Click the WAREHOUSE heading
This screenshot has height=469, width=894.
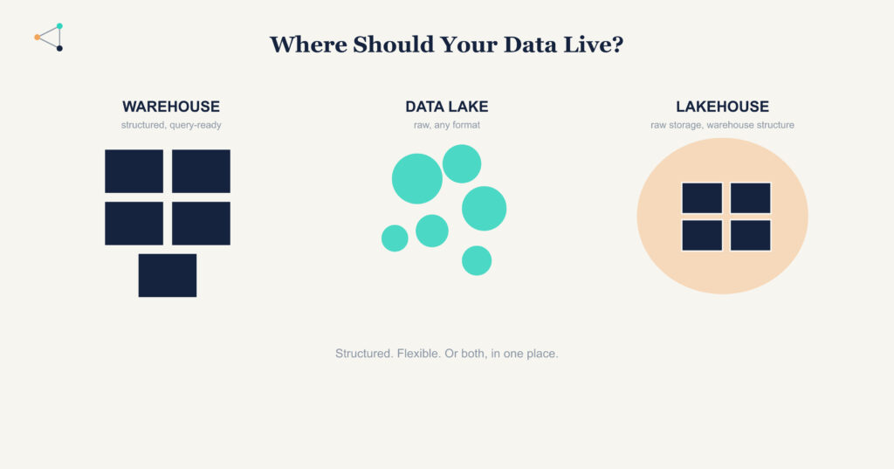click(x=171, y=107)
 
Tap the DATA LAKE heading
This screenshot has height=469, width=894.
click(x=447, y=107)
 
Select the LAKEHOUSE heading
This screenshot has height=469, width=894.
click(x=722, y=107)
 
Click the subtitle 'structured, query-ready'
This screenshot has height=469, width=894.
click(x=171, y=125)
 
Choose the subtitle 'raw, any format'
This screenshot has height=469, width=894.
click(x=447, y=125)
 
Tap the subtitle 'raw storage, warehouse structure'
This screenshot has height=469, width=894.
click(x=722, y=125)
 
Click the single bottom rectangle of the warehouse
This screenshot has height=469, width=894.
click(x=168, y=276)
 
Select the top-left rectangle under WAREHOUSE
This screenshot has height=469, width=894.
click(x=134, y=171)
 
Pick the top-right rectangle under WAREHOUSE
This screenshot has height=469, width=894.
click(x=202, y=171)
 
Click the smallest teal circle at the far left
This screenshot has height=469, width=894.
click(x=395, y=238)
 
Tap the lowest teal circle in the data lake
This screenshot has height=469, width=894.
click(x=477, y=261)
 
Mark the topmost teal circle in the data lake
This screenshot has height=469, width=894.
click(x=462, y=163)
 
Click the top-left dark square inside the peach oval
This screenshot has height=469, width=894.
click(x=703, y=198)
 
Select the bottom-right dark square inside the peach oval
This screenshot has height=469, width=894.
click(x=750, y=235)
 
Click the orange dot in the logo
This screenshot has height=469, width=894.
click(x=37, y=37)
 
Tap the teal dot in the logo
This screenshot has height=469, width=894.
click(x=59, y=26)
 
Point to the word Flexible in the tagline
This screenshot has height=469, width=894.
click(x=419, y=354)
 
